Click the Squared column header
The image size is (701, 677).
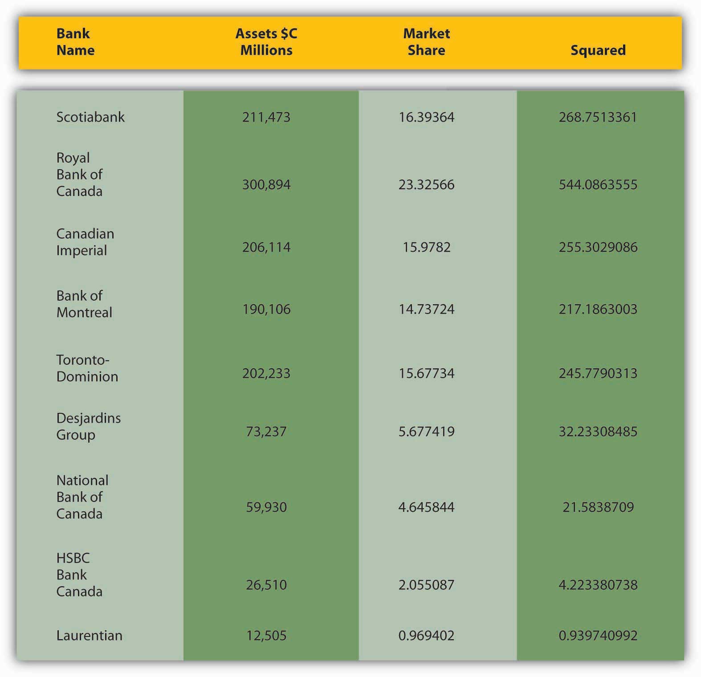tap(598, 50)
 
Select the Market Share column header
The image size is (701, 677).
tap(426, 42)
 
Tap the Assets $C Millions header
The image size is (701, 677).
tap(266, 42)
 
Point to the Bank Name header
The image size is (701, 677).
tap(75, 42)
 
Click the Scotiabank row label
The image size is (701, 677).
tap(90, 117)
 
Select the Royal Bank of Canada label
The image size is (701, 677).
tap(79, 175)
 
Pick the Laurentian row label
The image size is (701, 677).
tap(89, 636)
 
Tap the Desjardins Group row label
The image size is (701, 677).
tap(88, 426)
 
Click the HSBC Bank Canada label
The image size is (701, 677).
tap(79, 575)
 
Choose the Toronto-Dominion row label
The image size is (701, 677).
tap(87, 368)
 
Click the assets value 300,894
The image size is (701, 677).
tap(266, 185)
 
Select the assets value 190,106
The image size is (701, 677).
tap(266, 309)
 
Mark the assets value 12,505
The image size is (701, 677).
tap(266, 636)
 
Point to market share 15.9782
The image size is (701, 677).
tap(426, 247)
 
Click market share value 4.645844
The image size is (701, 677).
tap(426, 507)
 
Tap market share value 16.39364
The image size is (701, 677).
tap(426, 117)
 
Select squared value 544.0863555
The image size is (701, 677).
tap(598, 185)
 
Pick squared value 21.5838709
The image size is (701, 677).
tap(598, 507)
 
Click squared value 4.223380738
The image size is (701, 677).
tap(598, 585)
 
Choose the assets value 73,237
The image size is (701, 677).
tap(266, 432)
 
